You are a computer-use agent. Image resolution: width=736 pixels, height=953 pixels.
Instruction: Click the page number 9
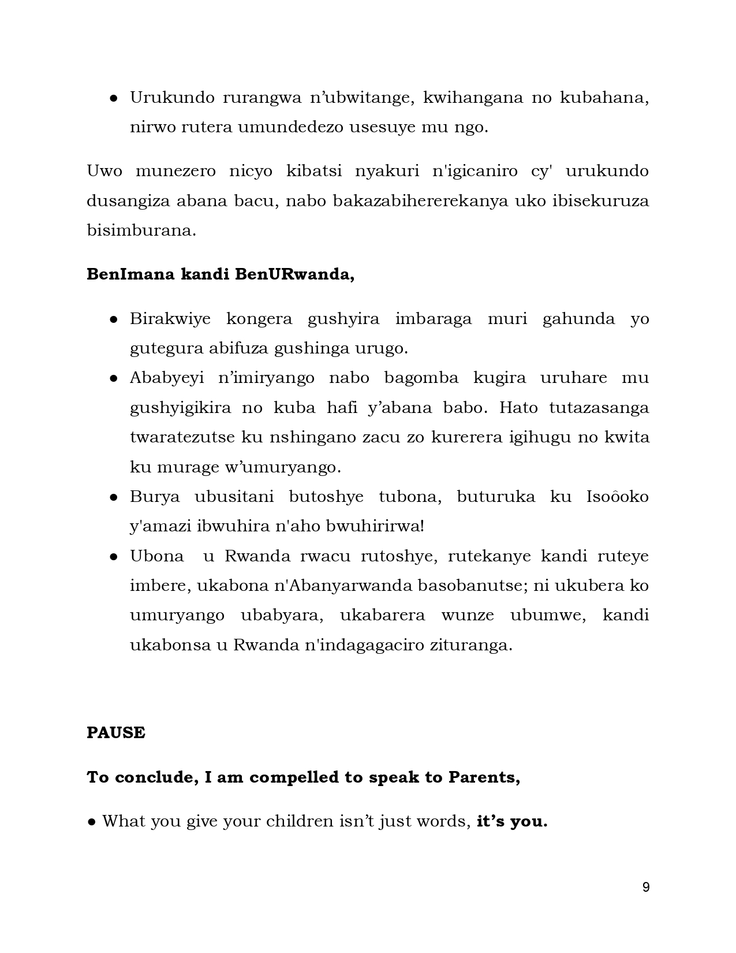pos(645,887)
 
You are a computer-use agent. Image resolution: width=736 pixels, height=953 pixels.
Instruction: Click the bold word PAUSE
pos(115,733)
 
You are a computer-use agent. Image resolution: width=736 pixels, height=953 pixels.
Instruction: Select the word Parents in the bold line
pos(484,777)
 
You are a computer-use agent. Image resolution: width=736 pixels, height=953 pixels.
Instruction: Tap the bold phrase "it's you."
pos(511,821)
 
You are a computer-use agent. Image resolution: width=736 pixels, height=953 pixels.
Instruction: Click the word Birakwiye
pos(170,319)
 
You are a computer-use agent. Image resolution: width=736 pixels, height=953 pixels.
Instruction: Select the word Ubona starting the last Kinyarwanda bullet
pos(156,556)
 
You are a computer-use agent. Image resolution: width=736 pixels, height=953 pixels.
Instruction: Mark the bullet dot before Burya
pos(114,497)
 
